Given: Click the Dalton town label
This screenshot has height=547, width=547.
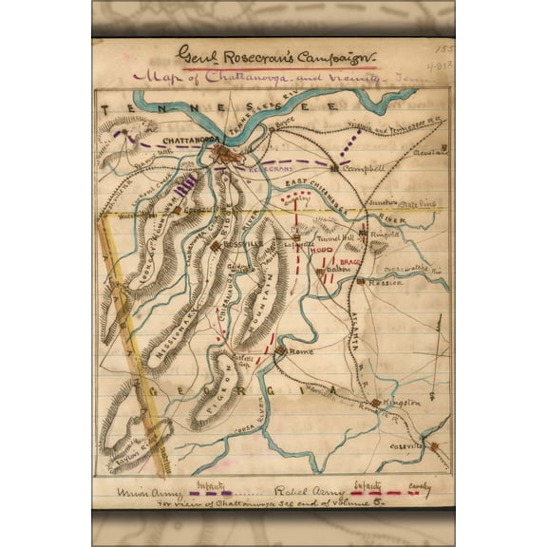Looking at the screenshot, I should tap(340, 270).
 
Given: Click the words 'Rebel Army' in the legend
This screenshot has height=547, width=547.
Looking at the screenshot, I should tap(303, 493).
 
